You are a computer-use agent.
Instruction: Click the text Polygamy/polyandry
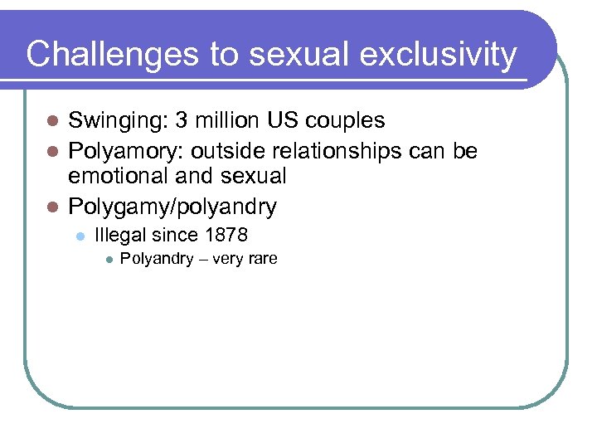[x=172, y=205]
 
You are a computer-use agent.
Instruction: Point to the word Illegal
[x=120, y=235]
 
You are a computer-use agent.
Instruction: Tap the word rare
[x=262, y=260]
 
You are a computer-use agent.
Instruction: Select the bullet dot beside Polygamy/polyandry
[x=51, y=205]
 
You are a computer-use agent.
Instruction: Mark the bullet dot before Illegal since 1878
[x=80, y=236]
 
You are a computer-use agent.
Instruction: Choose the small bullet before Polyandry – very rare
[x=108, y=260]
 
